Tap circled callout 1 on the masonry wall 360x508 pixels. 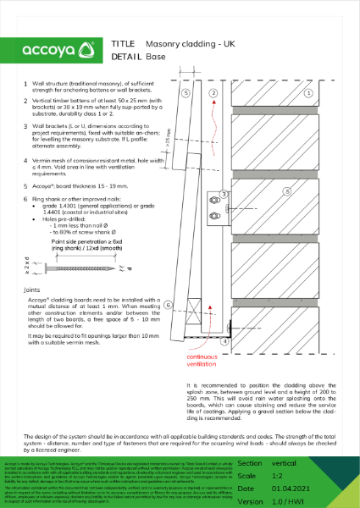[x=309, y=91]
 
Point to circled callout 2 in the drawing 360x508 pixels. [x=213, y=92]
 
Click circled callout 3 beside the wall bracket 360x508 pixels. [x=223, y=195]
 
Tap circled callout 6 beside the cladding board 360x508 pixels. [x=169, y=305]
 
